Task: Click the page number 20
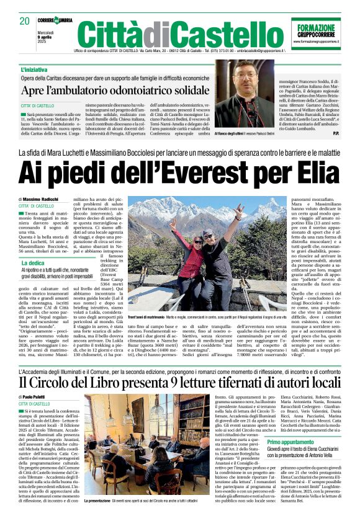[x=24, y=21]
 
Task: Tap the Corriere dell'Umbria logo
[x=59, y=20]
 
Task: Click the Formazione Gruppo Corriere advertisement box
[x=315, y=33]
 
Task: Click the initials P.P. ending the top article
[x=336, y=133]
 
